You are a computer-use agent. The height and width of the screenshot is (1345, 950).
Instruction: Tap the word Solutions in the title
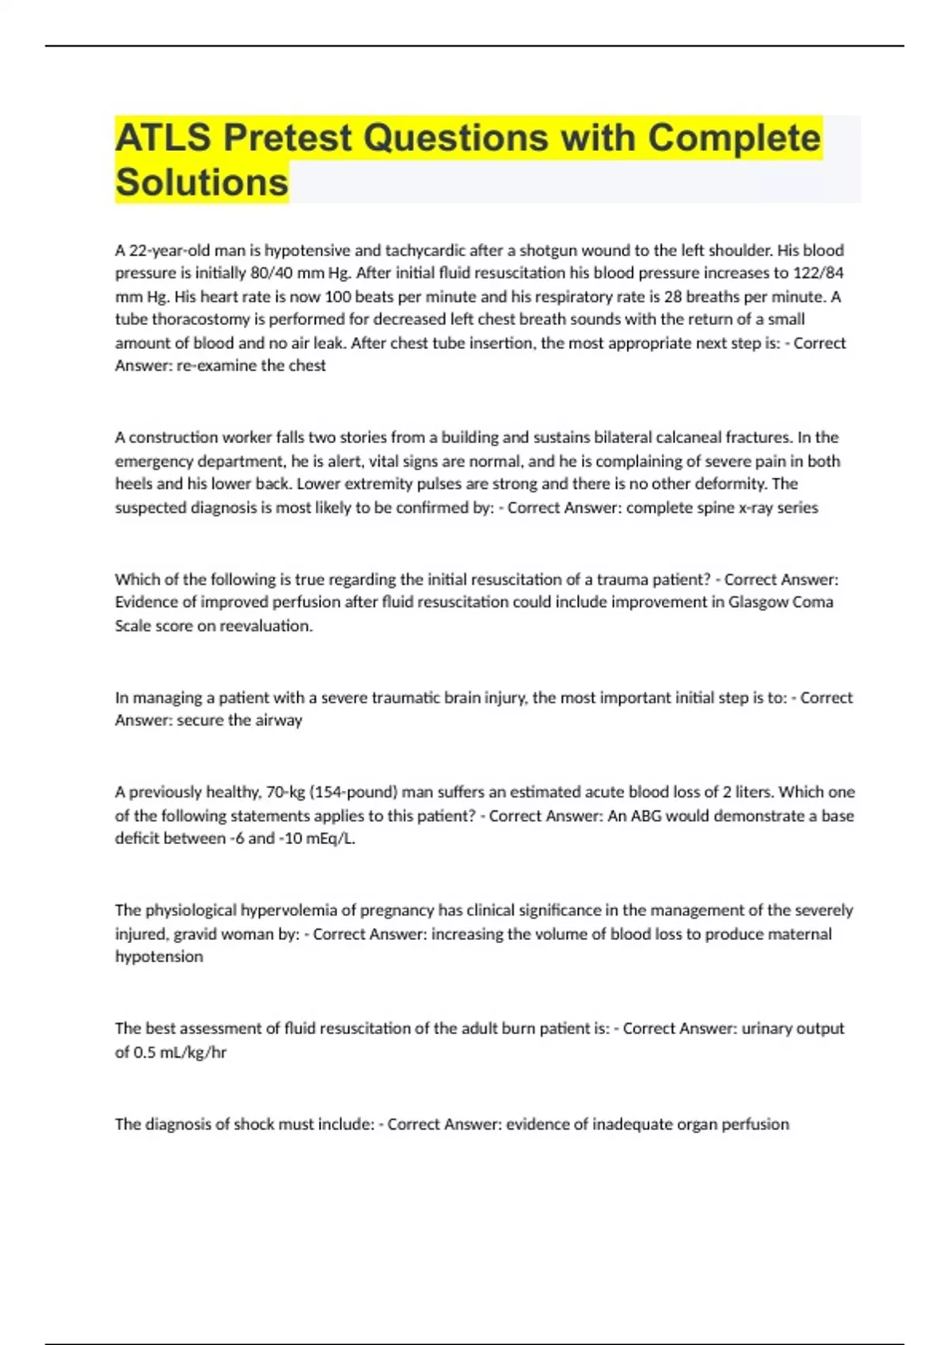coord(202,183)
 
